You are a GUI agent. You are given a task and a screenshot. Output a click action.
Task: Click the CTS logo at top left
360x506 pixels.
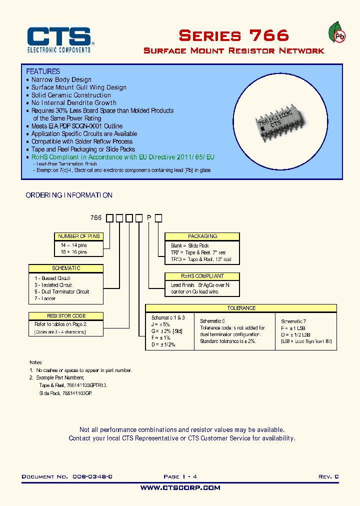(x=58, y=39)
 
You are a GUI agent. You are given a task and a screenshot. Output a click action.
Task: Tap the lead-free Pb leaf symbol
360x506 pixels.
(x=339, y=34)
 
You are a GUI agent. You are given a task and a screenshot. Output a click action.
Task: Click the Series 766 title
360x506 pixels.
(x=233, y=35)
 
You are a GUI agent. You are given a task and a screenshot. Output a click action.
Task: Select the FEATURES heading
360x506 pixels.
(x=43, y=71)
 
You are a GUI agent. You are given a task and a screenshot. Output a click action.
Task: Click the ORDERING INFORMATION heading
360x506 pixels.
(x=69, y=195)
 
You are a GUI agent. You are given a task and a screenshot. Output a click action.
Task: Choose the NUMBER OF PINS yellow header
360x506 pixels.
(x=79, y=236)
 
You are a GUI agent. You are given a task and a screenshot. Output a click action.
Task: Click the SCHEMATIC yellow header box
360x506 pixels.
(x=66, y=268)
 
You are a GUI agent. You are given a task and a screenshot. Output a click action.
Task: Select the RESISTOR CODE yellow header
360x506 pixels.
(x=66, y=316)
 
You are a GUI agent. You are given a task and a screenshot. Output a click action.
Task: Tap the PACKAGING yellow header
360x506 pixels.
(x=202, y=236)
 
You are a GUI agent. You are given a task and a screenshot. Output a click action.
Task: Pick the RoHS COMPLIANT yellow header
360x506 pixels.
(x=202, y=276)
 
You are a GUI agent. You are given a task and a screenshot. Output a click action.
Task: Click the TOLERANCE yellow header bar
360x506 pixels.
(x=241, y=308)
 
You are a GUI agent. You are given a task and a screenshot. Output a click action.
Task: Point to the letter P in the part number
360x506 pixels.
(x=149, y=217)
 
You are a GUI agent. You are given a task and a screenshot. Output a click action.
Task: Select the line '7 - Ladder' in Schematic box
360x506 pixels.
(x=45, y=298)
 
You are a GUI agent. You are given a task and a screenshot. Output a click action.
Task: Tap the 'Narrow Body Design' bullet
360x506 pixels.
(x=61, y=79)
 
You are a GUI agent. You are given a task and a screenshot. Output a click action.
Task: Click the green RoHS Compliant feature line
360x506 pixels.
(x=122, y=157)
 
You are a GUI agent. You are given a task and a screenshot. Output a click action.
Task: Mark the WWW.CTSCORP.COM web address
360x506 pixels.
(x=180, y=487)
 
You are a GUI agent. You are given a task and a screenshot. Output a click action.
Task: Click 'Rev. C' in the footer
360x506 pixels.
(x=328, y=476)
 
